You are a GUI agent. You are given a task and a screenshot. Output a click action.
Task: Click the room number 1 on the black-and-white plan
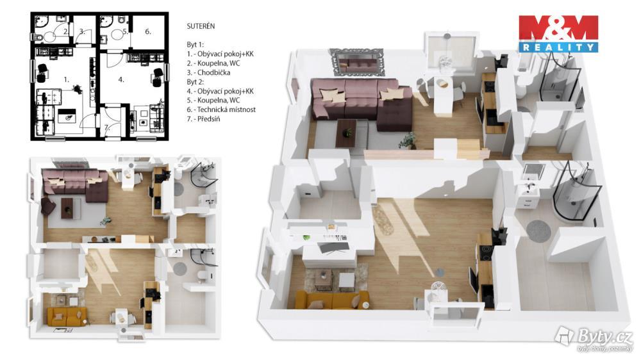click(66, 79)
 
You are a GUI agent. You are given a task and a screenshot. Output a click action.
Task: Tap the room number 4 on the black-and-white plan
click(121, 79)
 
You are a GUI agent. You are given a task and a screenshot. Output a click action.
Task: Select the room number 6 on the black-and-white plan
click(148, 31)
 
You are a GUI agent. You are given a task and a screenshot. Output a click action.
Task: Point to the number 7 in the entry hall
click(106, 127)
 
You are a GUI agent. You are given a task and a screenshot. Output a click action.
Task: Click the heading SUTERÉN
click(201, 26)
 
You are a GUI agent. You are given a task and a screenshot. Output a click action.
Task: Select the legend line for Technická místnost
click(221, 110)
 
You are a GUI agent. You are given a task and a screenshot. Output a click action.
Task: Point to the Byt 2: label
click(196, 82)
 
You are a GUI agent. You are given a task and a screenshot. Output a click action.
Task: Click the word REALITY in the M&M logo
click(558, 47)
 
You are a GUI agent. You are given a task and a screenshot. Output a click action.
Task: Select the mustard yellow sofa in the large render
click(331, 300)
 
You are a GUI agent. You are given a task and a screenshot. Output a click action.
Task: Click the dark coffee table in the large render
click(346, 133)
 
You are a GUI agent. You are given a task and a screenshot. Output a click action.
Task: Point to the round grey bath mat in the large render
click(538, 230)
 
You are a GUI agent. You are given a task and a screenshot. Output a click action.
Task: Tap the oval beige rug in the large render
click(383, 220)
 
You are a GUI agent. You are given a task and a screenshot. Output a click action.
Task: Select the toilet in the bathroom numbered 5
click(121, 20)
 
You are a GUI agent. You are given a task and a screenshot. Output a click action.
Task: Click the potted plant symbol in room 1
click(76, 88)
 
